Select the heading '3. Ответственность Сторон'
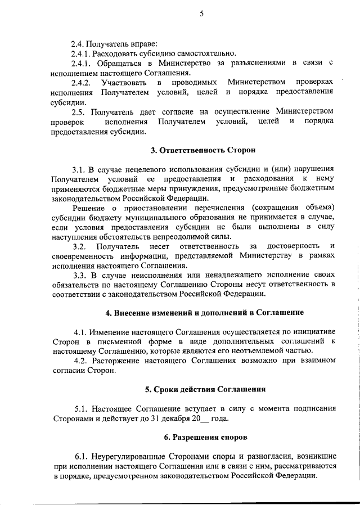[x=202, y=151]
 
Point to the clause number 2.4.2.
[x=83, y=83]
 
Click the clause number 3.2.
[x=79, y=246]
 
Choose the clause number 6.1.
[x=81, y=457]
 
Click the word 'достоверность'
[x=292, y=246]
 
